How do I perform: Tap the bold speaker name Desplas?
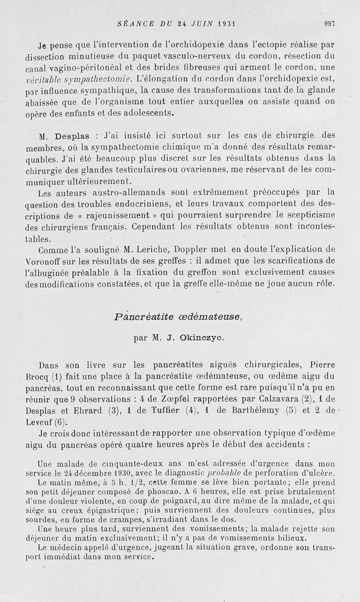74,135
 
